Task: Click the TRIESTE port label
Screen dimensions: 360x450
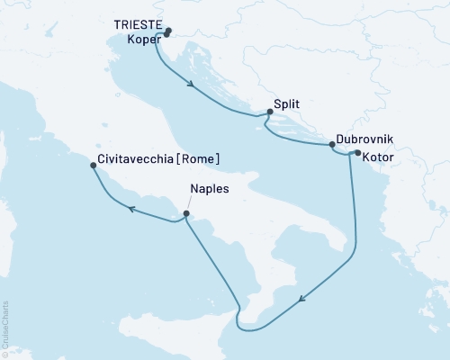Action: click(138, 26)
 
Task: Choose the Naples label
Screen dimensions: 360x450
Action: click(210, 190)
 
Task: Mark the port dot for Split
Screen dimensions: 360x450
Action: click(270, 112)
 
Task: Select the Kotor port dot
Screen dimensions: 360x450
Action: click(357, 153)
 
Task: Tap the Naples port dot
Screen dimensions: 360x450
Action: click(186, 213)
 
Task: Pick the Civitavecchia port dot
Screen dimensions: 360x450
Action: click(94, 166)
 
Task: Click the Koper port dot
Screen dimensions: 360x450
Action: click(166, 35)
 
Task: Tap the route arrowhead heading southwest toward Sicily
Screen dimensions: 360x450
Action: click(302, 300)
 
